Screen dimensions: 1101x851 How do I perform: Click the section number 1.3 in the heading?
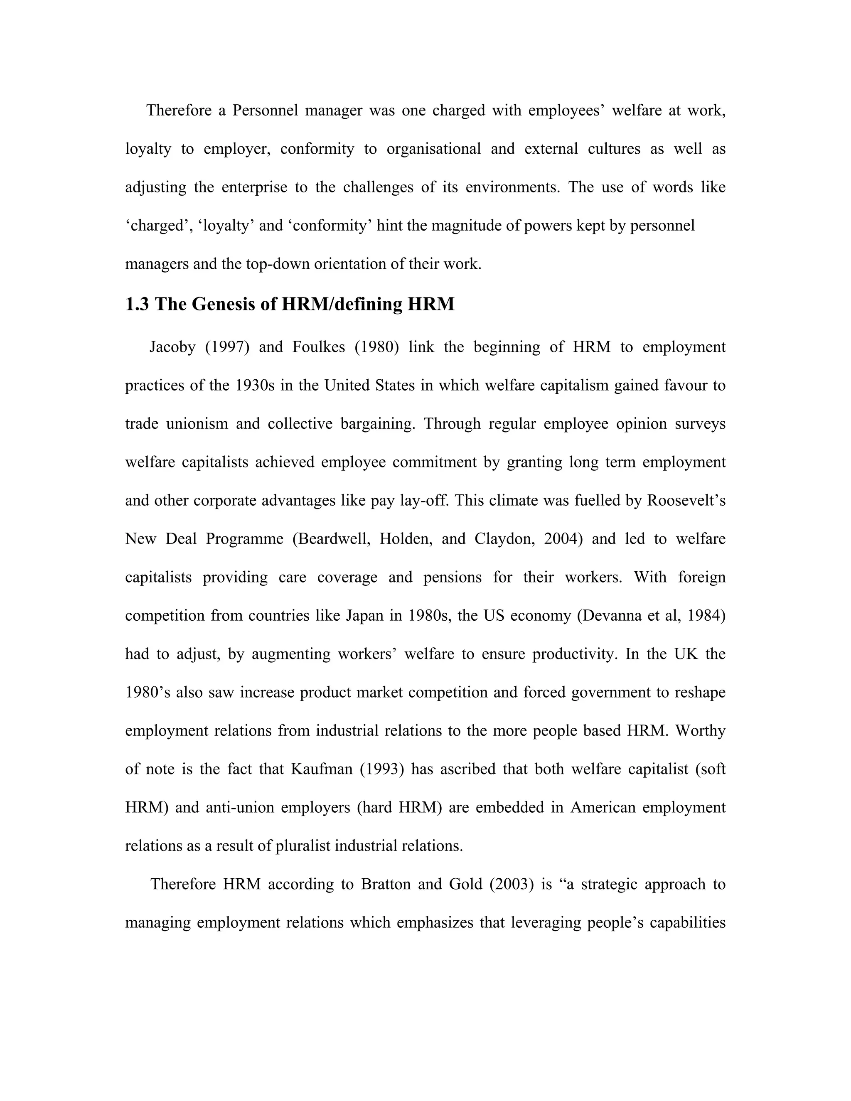click(137, 305)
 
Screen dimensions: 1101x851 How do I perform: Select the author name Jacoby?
click(172, 347)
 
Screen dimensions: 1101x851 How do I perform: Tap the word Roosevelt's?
click(686, 501)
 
